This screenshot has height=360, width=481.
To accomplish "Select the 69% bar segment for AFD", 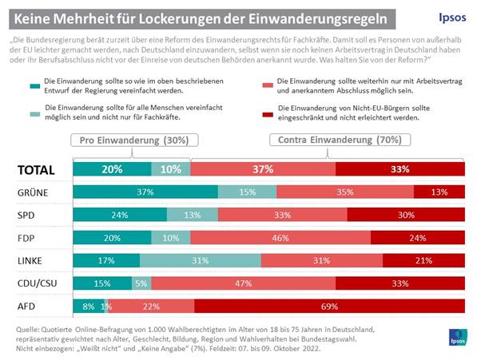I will (x=328, y=306).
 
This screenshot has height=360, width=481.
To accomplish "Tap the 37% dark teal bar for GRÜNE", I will (x=145, y=192).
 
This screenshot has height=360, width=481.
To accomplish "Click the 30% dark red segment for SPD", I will (x=407, y=215).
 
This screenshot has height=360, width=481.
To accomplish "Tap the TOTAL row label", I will (x=36, y=169).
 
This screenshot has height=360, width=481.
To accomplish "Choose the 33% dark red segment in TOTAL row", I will (x=400, y=169).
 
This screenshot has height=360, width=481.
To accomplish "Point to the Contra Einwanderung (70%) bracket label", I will (x=327, y=139).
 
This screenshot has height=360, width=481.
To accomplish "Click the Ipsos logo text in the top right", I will (x=446, y=17).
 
